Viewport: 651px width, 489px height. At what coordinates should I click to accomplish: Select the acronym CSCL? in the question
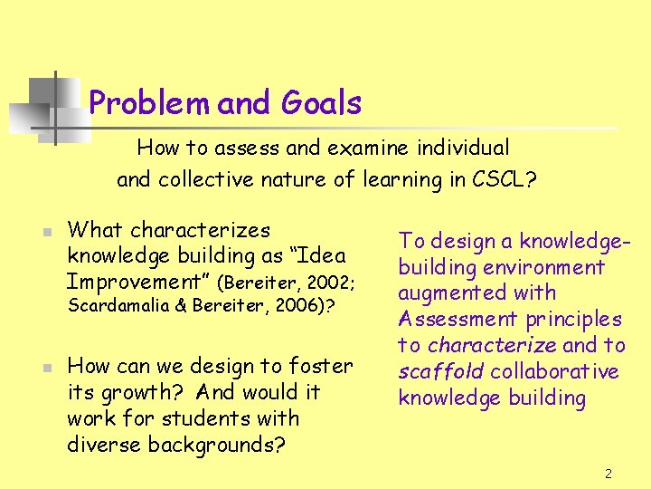505,179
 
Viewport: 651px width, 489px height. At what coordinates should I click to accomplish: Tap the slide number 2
609,474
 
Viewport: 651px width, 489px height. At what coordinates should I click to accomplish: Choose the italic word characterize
491,345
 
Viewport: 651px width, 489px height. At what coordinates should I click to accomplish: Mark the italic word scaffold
433,371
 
